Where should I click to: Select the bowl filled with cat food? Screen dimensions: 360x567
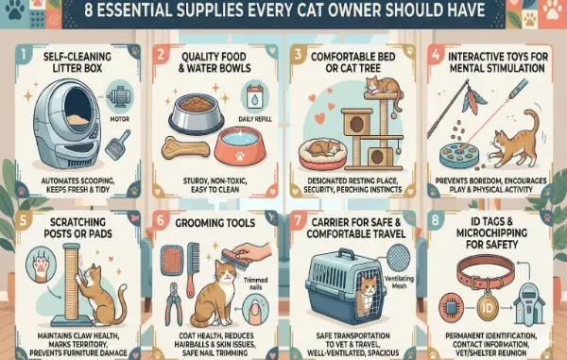point(197,109)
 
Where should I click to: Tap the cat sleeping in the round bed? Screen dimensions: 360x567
point(319,148)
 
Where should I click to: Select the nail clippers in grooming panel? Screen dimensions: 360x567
point(175,302)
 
